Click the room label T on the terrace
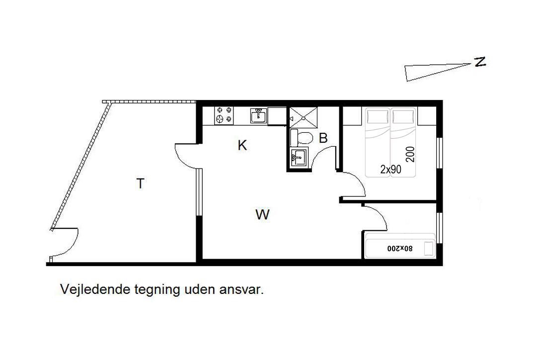coord(140,183)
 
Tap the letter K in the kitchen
coord(242,145)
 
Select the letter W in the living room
coord(262,214)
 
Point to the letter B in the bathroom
coord(323,138)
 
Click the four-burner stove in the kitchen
coord(224,115)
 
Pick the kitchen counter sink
coord(258,115)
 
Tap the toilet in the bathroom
coord(302,138)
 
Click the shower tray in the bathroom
coord(303,117)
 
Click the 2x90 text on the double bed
coord(390,169)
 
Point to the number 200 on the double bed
coord(410,154)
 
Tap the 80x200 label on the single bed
coord(399,248)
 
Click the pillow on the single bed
coord(428,249)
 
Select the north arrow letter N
coord(480,62)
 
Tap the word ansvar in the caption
coord(241,290)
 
